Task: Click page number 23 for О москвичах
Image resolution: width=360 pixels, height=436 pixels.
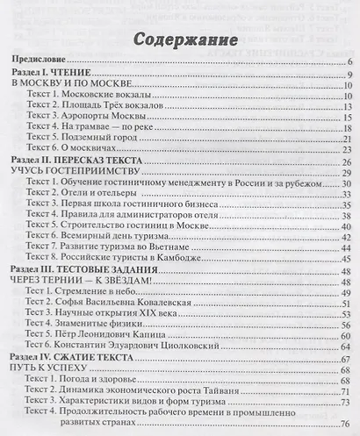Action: click(348, 150)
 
